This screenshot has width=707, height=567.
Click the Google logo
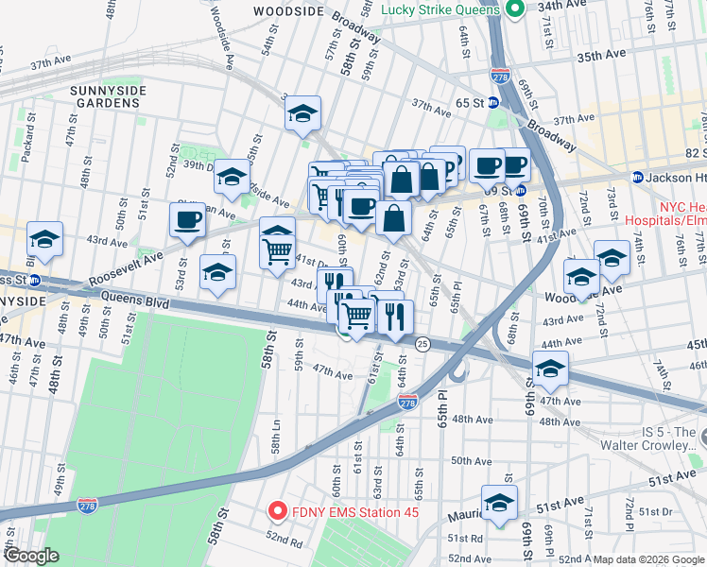tap(31, 555)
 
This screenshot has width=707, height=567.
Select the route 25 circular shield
tap(422, 345)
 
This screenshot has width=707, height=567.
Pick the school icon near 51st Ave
tap(499, 504)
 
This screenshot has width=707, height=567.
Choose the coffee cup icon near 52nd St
tap(186, 219)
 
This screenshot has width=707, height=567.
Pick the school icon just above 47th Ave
tap(548, 369)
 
